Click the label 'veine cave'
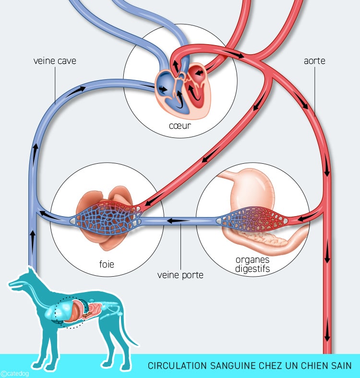click(x=55, y=61)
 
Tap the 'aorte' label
click(x=314, y=61)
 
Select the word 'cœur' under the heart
click(x=180, y=126)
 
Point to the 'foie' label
click(x=107, y=264)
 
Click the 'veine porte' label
click(x=180, y=275)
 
